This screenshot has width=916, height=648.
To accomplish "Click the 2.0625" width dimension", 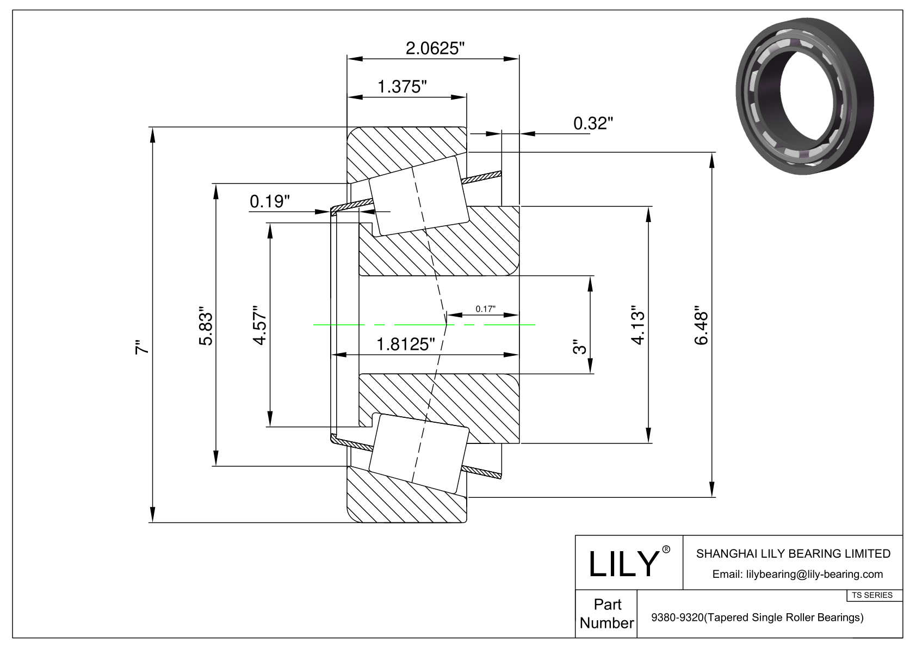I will coord(435,48).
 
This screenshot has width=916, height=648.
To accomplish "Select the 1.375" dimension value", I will coord(402,87).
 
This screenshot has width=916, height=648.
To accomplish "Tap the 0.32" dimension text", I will coord(593,124).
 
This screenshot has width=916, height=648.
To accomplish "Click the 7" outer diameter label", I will coord(142,348).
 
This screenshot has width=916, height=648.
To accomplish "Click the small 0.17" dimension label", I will coord(485,309).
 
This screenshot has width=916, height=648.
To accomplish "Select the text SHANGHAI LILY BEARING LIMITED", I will coord(793,554).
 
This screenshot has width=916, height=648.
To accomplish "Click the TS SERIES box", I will coord(872,595).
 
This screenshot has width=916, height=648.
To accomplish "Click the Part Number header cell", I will coord(607,613).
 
